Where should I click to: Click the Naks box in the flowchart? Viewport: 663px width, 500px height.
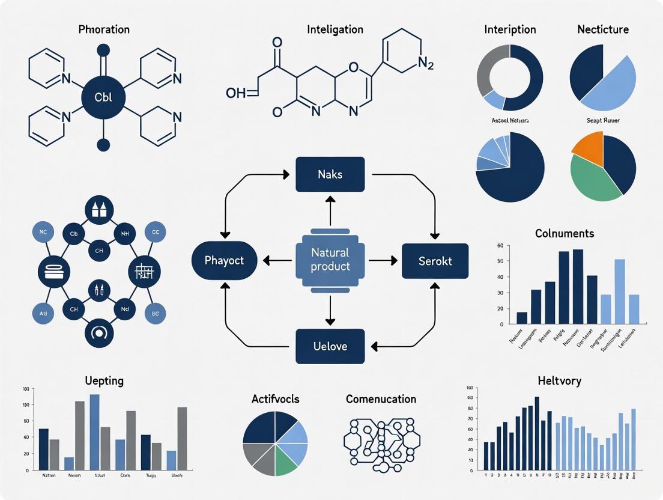[330, 174]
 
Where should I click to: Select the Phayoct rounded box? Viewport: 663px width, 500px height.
[224, 261]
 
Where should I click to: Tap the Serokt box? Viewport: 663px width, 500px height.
[435, 261]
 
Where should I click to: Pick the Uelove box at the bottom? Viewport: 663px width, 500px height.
[330, 346]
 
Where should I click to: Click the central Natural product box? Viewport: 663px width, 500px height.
[330, 260]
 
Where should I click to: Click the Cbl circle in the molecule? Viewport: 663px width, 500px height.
[103, 96]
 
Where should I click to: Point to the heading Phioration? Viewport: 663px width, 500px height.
[104, 29]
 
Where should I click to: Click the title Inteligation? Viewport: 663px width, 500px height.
[335, 29]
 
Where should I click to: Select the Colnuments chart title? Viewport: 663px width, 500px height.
[565, 233]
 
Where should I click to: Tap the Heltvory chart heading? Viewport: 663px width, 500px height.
[559, 380]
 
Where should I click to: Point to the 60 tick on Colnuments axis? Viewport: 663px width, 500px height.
[500, 246]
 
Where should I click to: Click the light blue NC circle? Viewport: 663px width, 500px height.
[43, 232]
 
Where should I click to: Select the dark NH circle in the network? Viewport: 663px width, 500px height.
[125, 233]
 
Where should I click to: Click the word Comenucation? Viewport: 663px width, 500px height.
[381, 399]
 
